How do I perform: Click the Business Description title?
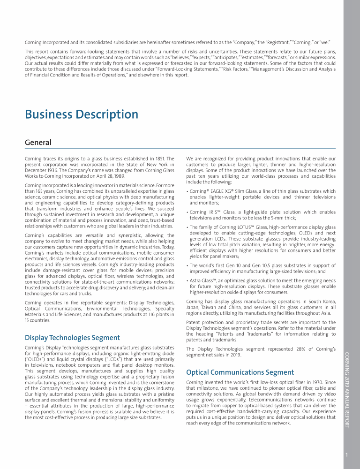82,114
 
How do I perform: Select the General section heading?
38,142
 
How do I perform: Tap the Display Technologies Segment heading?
72,337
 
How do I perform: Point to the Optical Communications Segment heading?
240,372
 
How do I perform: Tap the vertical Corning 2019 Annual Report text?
347,389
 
